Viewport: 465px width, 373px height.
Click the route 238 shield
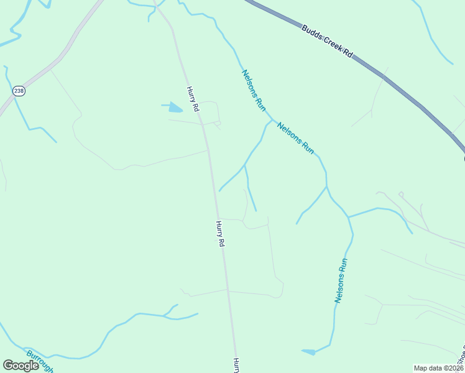coord(19,91)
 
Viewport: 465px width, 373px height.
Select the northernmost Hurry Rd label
coord(193,99)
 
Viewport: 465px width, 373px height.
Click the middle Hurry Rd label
coord(219,234)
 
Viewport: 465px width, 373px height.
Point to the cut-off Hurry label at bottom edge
coord(236,365)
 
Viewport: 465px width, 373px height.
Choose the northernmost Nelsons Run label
coord(254,90)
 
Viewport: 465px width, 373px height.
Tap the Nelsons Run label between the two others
coord(296,138)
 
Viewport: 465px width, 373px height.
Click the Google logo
coord(21,366)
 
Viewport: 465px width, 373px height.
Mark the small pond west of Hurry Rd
coord(175,108)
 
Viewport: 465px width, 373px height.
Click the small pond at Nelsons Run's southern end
coord(309,352)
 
